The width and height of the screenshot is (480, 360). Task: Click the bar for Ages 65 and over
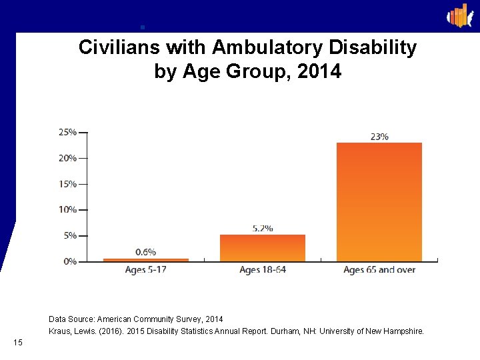click(379, 201)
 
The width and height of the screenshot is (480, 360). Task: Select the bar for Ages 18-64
click(262, 247)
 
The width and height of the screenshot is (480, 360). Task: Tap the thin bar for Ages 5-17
click(145, 259)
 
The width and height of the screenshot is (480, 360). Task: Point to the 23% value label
click(379, 137)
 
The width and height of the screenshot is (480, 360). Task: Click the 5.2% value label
click(262, 228)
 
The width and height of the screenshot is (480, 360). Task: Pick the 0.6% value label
click(145, 252)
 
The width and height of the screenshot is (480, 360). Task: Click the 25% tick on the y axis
click(67, 132)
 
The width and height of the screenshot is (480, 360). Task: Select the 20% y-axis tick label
click(67, 158)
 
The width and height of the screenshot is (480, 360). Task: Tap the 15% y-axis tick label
click(67, 184)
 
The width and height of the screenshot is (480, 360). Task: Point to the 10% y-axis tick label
click(67, 209)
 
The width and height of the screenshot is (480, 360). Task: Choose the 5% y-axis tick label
click(69, 235)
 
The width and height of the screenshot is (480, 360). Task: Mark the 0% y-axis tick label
click(69, 261)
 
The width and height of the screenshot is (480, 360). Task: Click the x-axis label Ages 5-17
click(145, 270)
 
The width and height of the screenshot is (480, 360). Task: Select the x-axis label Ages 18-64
click(262, 270)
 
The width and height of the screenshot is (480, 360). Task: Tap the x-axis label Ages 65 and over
click(379, 270)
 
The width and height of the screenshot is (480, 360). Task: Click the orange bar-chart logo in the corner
click(459, 15)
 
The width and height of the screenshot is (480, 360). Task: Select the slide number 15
click(18, 343)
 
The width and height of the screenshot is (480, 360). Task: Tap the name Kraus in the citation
click(60, 331)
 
